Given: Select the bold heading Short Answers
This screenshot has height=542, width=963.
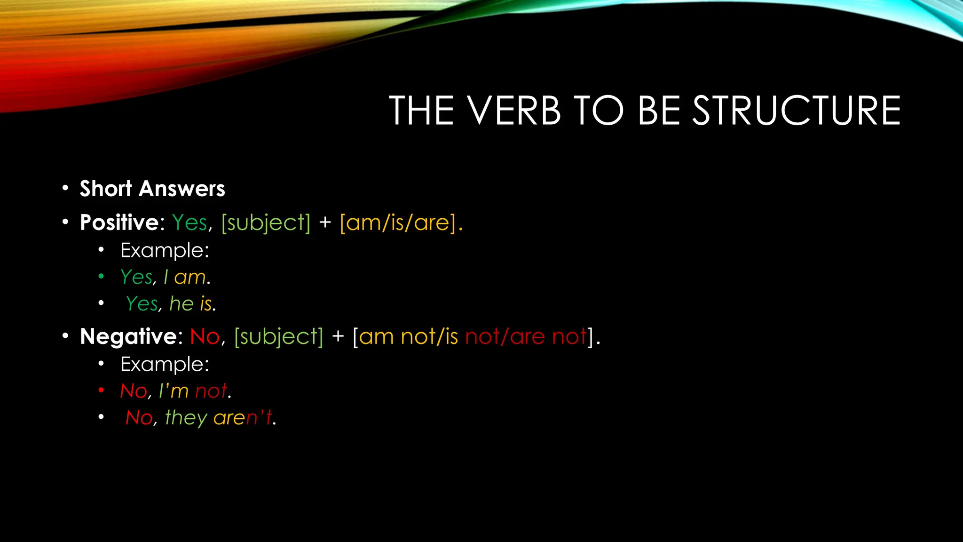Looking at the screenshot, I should coord(152,189).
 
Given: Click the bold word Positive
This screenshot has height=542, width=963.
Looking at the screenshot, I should coord(119,222).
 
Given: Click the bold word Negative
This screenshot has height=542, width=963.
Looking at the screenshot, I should coord(128,336).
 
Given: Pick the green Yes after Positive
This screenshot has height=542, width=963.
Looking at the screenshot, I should coord(189,222).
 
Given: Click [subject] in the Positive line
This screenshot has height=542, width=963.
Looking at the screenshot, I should coord(266,222).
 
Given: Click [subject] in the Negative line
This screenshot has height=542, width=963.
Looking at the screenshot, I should coord(279,336).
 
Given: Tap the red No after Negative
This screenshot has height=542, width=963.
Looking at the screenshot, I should coord(205,336).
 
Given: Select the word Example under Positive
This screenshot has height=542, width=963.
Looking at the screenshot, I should coord(164,250).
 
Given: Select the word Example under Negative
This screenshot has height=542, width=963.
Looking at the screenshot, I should coord(164,364).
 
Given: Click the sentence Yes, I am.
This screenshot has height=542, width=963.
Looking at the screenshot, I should coord(165,277).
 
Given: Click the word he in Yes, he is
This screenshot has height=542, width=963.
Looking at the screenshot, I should coord(182,304).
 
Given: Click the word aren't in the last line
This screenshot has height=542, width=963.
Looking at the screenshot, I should coord(243,418).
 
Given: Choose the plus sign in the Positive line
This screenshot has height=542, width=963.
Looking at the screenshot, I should coord(325,222).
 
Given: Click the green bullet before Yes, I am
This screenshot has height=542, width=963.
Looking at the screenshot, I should coord(101,277).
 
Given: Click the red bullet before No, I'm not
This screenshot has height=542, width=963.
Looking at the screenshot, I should coord(101,391).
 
